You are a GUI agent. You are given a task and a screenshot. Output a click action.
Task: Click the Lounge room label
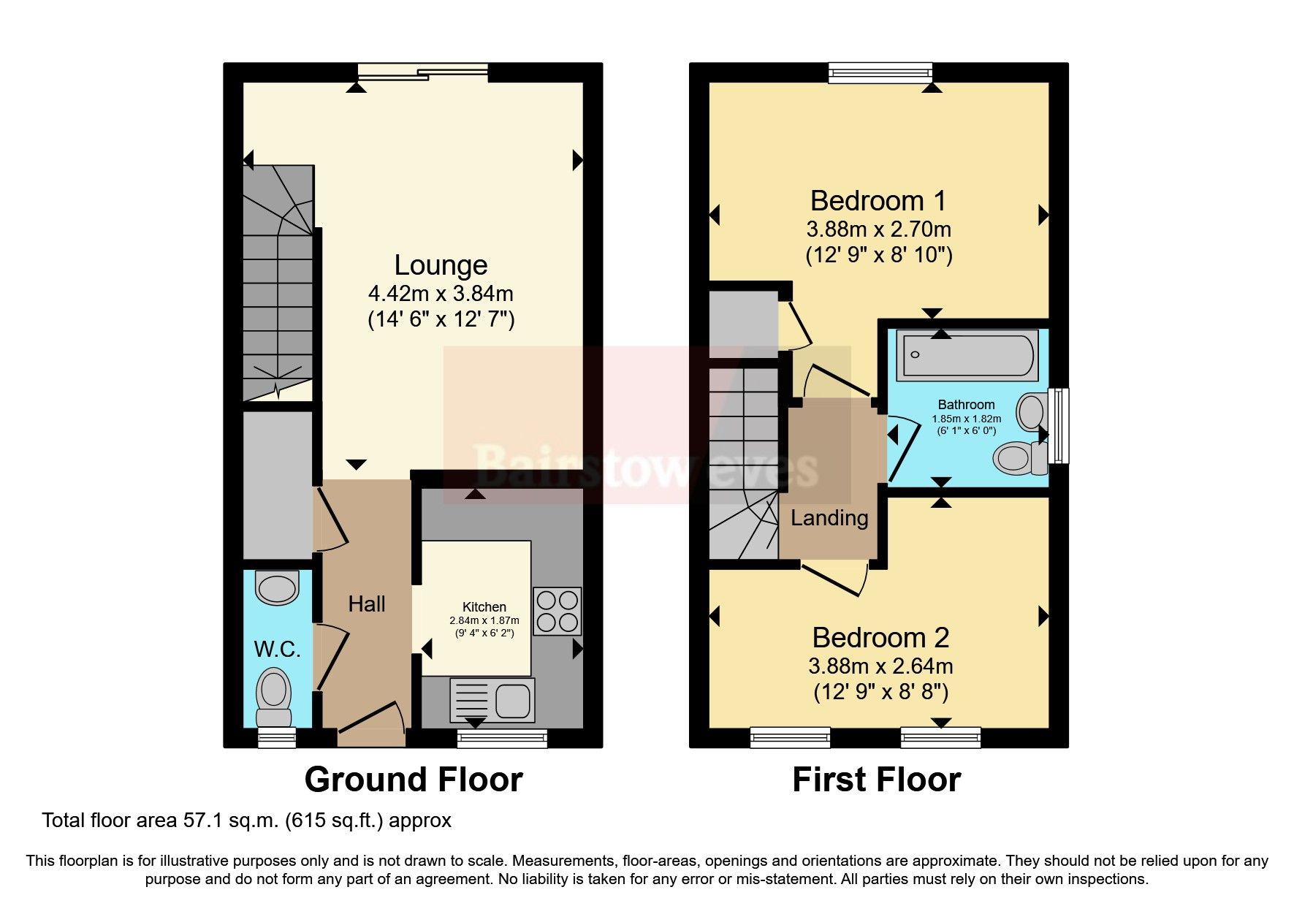(441, 265)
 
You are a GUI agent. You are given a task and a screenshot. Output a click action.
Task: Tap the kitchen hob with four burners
(557, 611)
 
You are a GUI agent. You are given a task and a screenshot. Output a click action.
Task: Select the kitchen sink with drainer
(492, 699)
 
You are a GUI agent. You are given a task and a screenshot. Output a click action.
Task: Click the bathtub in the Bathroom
(966, 356)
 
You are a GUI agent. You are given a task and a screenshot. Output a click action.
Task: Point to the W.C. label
(277, 649)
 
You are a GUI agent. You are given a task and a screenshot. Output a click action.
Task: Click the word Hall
(366, 604)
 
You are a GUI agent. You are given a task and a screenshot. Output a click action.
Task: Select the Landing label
(829, 518)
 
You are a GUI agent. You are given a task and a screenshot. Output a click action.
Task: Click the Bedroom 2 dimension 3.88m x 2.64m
(880, 666)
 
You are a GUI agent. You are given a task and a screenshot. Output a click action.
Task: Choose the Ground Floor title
(413, 780)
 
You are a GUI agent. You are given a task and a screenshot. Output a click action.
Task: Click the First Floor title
(876, 780)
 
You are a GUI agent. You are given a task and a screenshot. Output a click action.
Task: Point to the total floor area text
(246, 821)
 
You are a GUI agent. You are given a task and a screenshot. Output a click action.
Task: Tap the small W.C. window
(277, 737)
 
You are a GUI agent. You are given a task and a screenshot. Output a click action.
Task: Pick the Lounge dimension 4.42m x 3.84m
(441, 294)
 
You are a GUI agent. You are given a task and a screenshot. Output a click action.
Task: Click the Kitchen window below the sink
(502, 738)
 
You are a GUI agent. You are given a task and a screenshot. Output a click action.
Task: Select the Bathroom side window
(1058, 425)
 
